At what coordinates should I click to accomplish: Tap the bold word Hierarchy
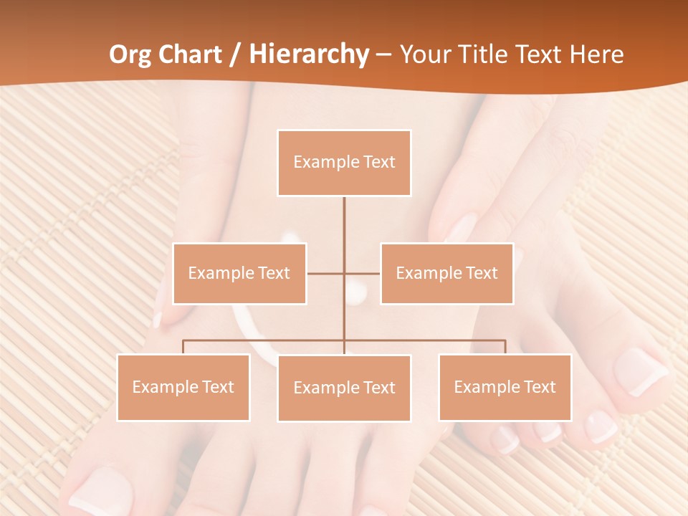click(309, 54)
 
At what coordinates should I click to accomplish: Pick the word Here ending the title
click(596, 54)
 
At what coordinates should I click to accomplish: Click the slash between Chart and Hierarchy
click(235, 55)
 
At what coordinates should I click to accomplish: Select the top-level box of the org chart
click(344, 163)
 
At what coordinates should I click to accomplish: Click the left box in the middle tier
click(239, 273)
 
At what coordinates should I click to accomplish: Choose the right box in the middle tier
click(446, 273)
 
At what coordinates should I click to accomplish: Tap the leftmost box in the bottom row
click(183, 387)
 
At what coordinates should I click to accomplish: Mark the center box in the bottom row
click(344, 388)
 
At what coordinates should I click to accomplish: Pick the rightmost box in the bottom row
click(505, 387)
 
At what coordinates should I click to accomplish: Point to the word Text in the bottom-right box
click(540, 387)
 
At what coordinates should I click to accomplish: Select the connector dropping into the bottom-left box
click(183, 347)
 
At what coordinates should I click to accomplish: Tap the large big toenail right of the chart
click(640, 371)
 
